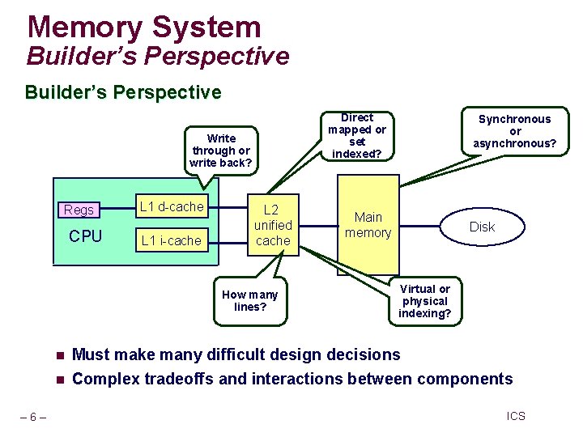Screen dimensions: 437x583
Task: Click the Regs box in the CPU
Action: pos(79,210)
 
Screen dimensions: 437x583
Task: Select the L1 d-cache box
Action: pos(172,207)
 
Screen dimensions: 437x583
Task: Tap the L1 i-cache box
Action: pos(171,240)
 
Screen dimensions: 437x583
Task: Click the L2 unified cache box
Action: pos(273,225)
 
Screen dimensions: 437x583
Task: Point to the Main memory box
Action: pos(368,225)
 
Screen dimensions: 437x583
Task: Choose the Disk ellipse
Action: pos(482,227)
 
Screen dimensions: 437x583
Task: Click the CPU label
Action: pos(85,236)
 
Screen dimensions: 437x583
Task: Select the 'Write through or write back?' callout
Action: pos(221,150)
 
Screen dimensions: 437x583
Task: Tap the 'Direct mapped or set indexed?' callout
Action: pos(357,135)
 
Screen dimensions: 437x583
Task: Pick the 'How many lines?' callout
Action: pos(249,300)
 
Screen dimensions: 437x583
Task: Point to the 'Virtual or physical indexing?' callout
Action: pos(425,301)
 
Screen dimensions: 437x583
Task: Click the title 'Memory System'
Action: pos(144,27)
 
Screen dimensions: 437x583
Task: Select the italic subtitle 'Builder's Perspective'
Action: pos(157,57)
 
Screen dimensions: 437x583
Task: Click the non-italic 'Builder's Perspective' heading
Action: pos(123,92)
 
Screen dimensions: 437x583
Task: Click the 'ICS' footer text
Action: pos(516,416)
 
